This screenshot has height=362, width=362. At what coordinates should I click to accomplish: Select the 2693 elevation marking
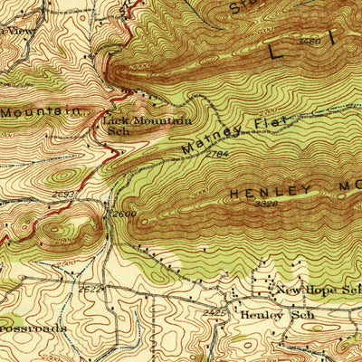pos(63,194)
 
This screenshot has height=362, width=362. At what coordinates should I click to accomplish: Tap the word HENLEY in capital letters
pos(271,193)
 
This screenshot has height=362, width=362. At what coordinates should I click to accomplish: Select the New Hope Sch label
pos(318,289)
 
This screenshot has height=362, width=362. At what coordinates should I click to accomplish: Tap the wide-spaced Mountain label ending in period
pos(43,111)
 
